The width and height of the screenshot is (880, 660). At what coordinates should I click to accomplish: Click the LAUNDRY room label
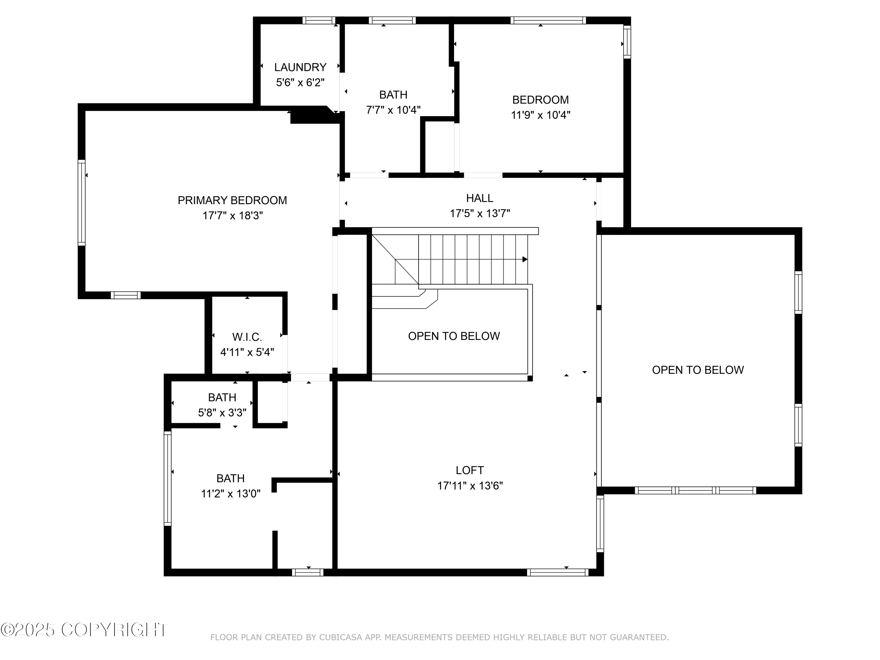tap(300, 67)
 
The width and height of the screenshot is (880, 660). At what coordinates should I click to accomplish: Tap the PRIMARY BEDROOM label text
tap(232, 200)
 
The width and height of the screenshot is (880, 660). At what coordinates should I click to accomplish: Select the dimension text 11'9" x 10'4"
tap(540, 115)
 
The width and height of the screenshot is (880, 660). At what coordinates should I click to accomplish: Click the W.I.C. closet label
tap(247, 337)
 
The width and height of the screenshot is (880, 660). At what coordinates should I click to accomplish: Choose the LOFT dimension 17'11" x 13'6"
tap(470, 486)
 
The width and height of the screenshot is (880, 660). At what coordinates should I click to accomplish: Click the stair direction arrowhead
tap(525, 259)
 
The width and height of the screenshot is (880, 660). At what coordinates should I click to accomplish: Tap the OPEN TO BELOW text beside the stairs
tap(453, 336)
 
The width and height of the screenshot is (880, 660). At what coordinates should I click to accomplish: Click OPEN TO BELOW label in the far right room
tap(697, 370)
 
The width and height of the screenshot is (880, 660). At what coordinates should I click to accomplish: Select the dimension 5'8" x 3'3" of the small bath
tap(222, 412)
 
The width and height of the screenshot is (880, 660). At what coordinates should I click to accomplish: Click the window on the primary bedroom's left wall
tap(82, 202)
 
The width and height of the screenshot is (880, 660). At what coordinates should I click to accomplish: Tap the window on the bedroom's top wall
tap(548, 20)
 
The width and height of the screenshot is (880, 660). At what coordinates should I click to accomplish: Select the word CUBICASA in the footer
tap(341, 637)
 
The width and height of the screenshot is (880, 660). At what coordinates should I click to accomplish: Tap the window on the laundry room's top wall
tap(318, 20)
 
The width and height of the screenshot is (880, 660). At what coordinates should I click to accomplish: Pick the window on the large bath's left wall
tap(167, 478)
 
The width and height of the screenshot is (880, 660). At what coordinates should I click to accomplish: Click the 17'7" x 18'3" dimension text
tap(232, 216)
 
